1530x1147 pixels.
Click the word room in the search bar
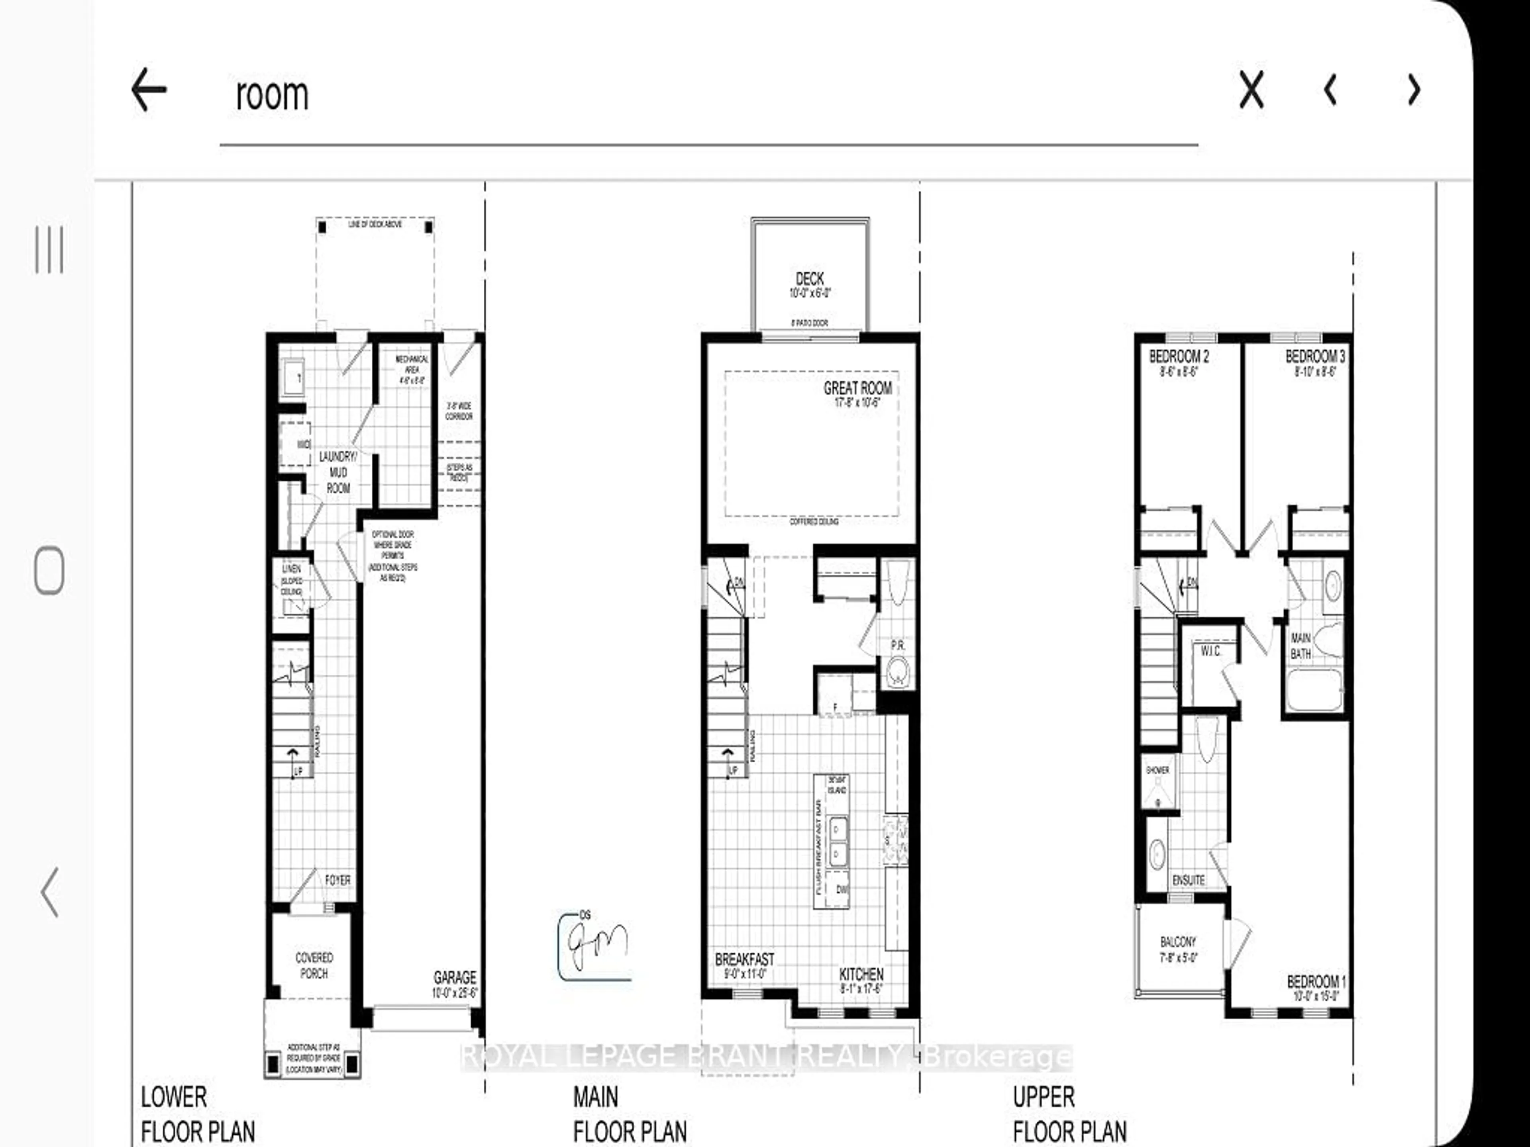pos(272,95)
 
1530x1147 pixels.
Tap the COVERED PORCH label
pos(314,965)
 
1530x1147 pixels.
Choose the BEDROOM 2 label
pos(1179,357)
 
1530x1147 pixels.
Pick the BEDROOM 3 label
pos(1315,357)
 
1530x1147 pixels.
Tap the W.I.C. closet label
pos(1210,651)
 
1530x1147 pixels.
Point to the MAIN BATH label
pos(1300,646)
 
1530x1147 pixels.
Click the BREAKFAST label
pos(744,960)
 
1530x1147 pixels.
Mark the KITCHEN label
pos(861,974)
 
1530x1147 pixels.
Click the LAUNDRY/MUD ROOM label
pos(338,472)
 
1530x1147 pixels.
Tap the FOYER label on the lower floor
pos(337,880)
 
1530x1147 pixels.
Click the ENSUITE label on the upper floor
pos(1188,880)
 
